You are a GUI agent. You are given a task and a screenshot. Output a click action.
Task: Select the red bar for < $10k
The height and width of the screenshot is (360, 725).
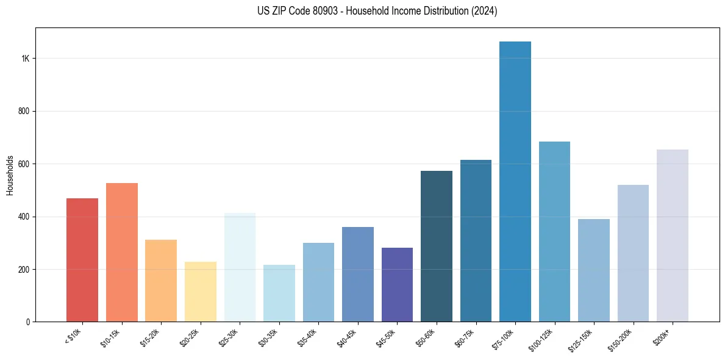82,260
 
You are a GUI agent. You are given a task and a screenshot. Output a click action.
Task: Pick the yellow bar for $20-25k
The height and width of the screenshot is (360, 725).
200,292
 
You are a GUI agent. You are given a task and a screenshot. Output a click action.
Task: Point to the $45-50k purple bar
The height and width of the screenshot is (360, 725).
397,284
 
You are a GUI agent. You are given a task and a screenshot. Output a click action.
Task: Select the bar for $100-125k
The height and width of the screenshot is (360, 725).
554,232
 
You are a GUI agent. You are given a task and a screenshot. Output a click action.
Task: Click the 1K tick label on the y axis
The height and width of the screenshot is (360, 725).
25,59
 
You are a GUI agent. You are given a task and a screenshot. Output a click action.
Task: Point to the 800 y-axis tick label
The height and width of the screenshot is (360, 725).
24,111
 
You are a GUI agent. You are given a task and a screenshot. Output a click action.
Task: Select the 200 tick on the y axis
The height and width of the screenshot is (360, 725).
24,269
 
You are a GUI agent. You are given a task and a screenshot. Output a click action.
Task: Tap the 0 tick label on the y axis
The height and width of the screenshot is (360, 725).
27,322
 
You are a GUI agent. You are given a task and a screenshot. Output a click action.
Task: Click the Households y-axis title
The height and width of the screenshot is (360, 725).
10,175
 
